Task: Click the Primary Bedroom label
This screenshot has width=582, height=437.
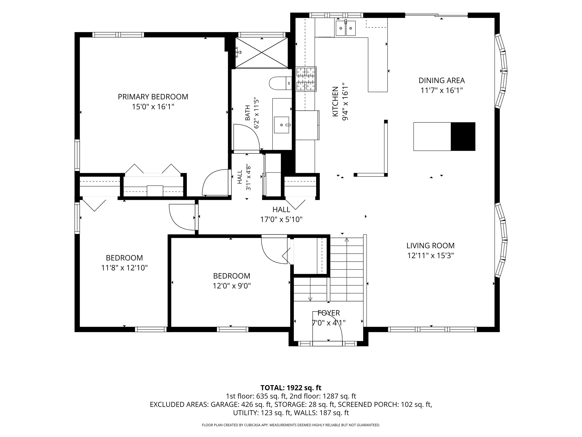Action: tap(153, 97)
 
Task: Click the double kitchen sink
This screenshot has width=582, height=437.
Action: tap(345, 28)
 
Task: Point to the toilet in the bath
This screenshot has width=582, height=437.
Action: tap(280, 83)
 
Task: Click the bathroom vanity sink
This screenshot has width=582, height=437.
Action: tap(282, 125)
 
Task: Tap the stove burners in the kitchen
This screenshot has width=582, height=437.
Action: tap(306, 79)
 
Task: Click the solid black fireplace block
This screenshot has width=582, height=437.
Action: tap(463, 136)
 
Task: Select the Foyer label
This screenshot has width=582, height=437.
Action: tap(329, 313)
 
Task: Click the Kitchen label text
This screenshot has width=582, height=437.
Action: tap(335, 102)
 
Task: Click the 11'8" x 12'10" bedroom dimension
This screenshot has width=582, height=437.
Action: tap(124, 268)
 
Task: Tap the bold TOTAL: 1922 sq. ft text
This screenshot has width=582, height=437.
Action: tap(291, 388)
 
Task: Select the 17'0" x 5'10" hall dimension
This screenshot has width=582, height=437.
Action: tap(281, 219)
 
